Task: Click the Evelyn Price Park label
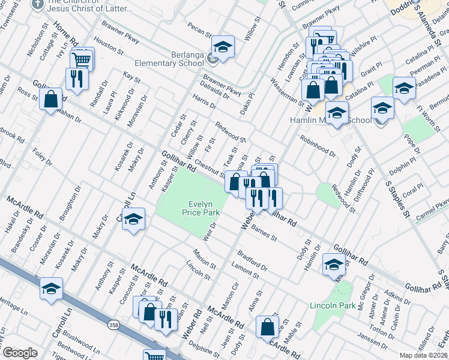[x=201, y=208]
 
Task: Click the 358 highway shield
[x=113, y=325]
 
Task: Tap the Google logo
[x=20, y=352]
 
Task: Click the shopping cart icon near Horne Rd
[x=81, y=59]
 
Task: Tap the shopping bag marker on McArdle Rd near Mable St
[x=267, y=327]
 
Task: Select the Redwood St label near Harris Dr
[x=231, y=131]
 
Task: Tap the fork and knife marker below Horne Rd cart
[x=77, y=79]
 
